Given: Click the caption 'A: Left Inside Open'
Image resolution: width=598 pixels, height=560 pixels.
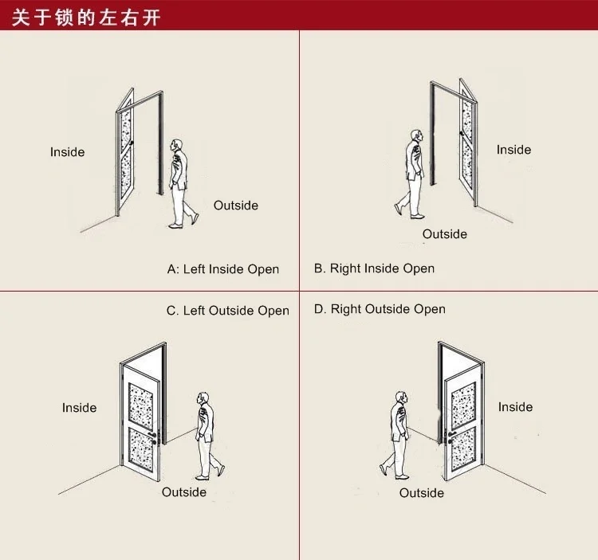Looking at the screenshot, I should pyautogui.click(x=223, y=269).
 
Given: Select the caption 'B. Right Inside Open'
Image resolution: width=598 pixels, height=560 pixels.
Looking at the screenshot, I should pyautogui.click(x=374, y=268).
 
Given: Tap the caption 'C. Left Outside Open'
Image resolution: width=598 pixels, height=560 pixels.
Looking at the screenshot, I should pyautogui.click(x=228, y=311).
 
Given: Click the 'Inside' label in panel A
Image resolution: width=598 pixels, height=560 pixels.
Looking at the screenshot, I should pyautogui.click(x=67, y=152).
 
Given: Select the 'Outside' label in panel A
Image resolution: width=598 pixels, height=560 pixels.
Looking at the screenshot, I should pyautogui.click(x=236, y=206).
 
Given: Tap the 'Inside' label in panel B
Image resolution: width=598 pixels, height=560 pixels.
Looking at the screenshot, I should pyautogui.click(x=513, y=150).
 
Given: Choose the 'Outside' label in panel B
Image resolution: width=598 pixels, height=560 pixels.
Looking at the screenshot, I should pyautogui.click(x=445, y=234).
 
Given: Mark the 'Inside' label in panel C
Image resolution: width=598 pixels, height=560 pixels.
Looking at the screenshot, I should pyautogui.click(x=79, y=408).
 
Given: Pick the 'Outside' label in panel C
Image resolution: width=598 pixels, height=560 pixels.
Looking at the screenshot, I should pyautogui.click(x=184, y=492).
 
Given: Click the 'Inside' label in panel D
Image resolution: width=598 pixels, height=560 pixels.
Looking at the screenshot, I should pyautogui.click(x=515, y=407).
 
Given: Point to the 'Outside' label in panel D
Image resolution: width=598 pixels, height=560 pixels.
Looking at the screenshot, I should pyautogui.click(x=422, y=493).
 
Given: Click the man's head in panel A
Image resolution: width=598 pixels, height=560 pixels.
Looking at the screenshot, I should pyautogui.click(x=177, y=147).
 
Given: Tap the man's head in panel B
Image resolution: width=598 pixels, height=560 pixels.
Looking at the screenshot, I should pyautogui.click(x=415, y=137).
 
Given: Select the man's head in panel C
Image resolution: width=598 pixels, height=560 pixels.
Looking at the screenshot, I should pyautogui.click(x=204, y=399).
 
